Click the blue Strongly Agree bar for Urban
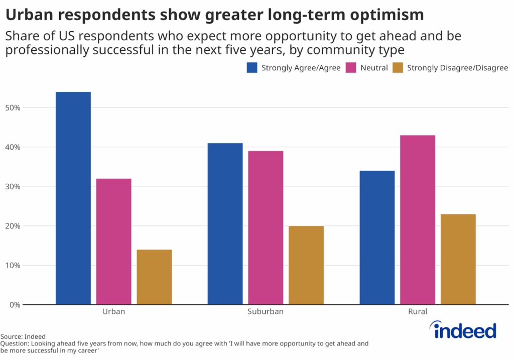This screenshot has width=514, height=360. click(73, 198)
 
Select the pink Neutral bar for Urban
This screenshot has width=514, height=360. click(114, 241)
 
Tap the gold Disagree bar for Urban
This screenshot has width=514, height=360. click(154, 277)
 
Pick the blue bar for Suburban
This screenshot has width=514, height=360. click(225, 223)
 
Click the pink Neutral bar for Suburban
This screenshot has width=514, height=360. click(266, 227)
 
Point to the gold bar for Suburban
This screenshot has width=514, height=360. click(306, 265)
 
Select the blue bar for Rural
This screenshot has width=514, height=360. click(377, 237)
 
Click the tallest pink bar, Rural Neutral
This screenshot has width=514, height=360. click(418, 219)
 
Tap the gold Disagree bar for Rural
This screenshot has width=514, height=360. click(458, 259)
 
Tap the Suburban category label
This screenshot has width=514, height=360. click(266, 311)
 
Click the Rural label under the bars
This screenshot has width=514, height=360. click(418, 311)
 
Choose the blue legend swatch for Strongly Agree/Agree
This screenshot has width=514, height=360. click(252, 68)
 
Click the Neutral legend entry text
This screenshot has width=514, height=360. click(374, 68)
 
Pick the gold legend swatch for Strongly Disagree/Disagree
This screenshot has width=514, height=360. click(398, 68)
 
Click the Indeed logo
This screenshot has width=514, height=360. click(463, 330)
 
